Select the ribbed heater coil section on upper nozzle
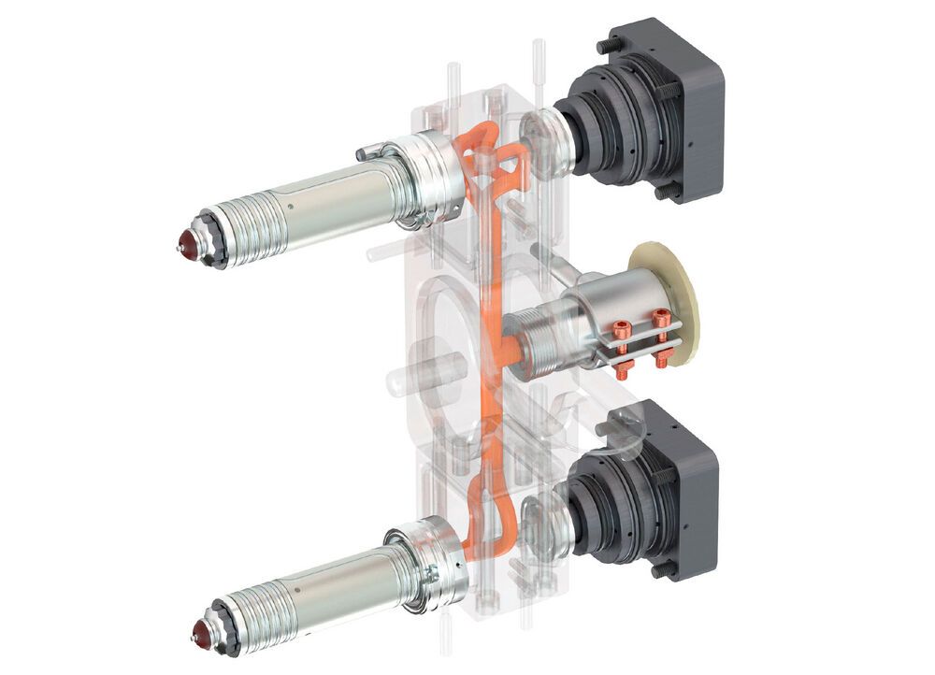[245, 227]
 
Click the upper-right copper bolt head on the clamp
[662, 317]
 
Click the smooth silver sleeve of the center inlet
[598, 309]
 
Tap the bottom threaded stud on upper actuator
[666, 194]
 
